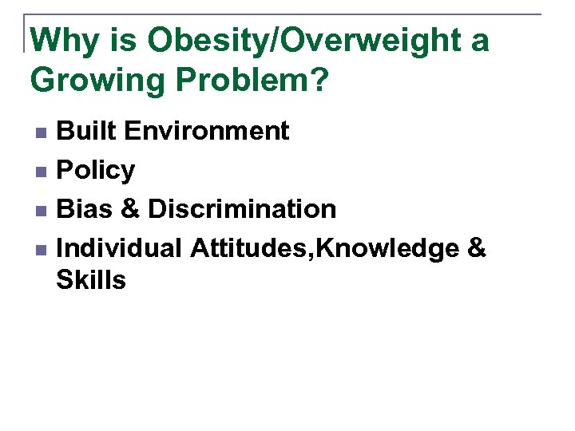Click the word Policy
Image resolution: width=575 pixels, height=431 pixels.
(x=96, y=170)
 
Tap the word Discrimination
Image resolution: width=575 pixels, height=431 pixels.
(x=242, y=209)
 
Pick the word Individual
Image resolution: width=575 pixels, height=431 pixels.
(x=120, y=248)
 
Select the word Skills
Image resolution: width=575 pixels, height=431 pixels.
(x=91, y=280)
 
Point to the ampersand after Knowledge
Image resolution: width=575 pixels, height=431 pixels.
(x=475, y=248)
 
